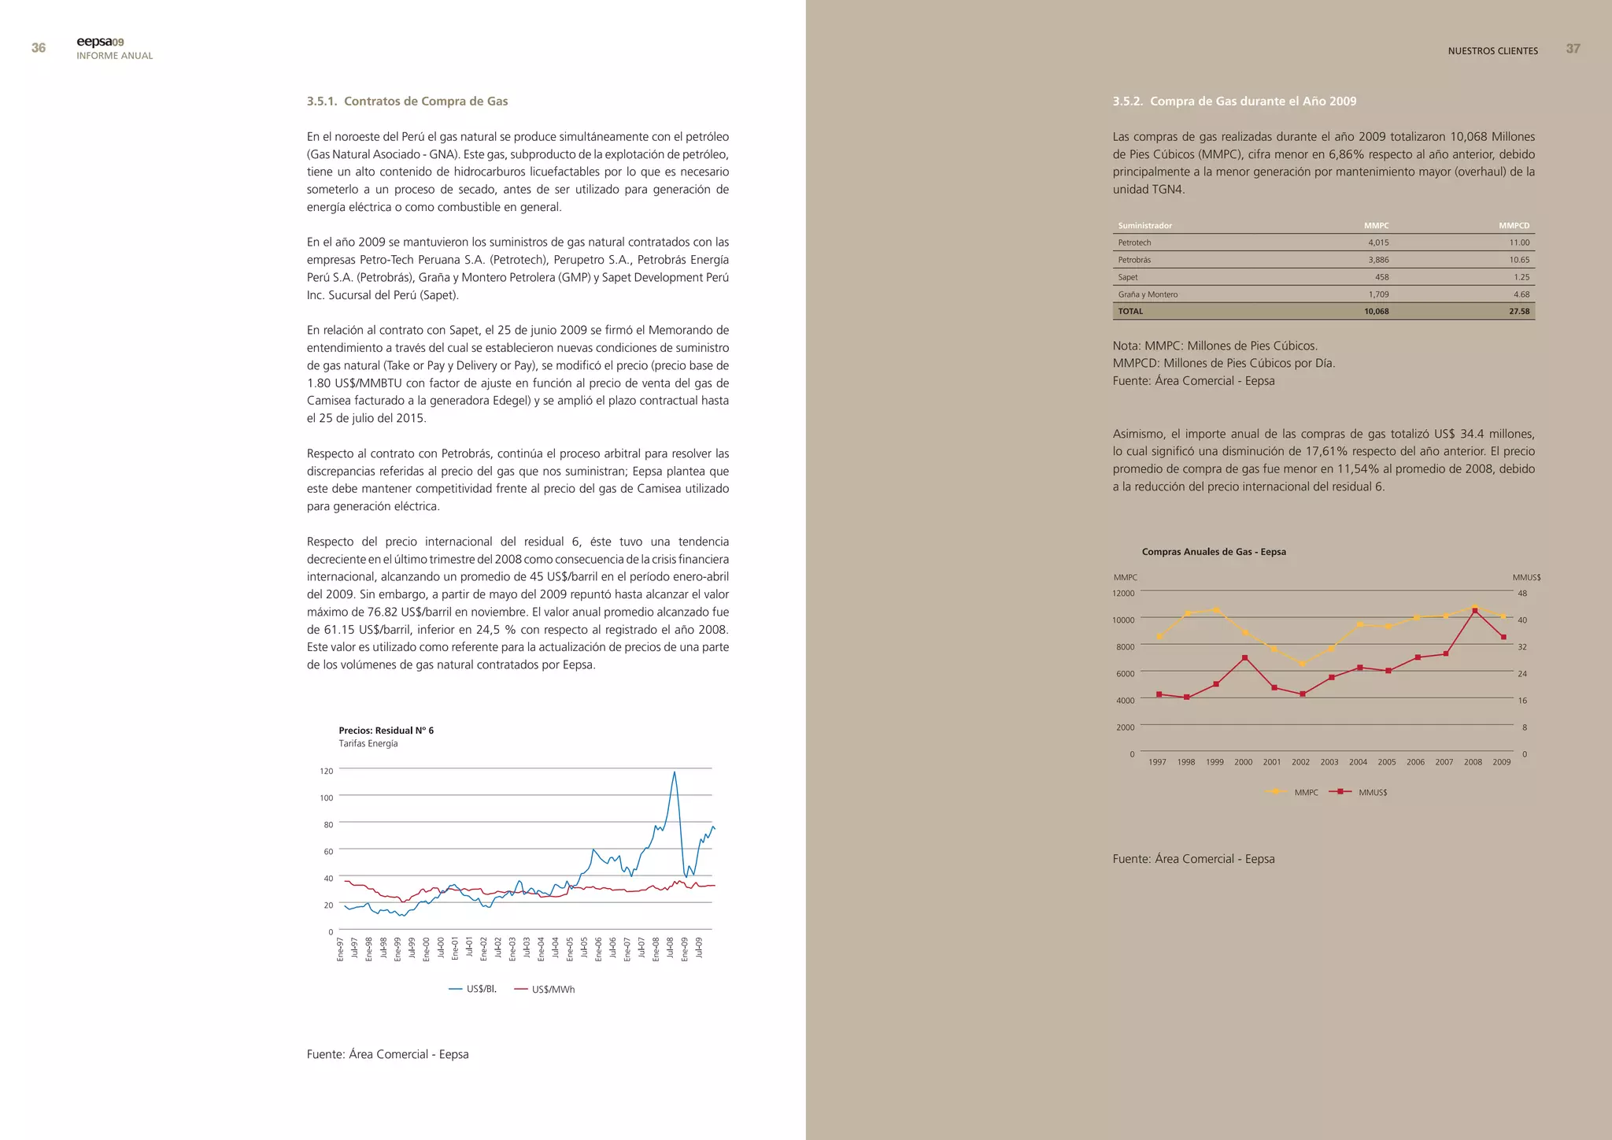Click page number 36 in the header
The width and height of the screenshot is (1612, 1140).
click(38, 48)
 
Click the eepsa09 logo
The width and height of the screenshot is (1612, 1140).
click(100, 42)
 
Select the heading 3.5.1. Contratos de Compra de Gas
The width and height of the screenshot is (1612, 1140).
click(407, 101)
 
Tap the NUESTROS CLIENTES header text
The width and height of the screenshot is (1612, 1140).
click(1492, 51)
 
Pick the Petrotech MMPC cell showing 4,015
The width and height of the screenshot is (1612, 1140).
click(1377, 242)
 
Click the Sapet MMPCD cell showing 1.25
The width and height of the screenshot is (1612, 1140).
click(1521, 277)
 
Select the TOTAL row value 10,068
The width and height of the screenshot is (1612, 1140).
click(1376, 311)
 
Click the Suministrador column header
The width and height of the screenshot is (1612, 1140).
click(1144, 226)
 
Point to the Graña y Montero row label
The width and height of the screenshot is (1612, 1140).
click(1148, 294)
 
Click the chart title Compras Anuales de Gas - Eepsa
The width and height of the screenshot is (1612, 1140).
click(1213, 552)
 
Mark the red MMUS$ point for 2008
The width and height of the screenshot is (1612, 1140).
click(1474, 611)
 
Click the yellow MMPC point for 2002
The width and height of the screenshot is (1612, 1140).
click(1303, 664)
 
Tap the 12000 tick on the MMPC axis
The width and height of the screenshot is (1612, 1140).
click(1123, 593)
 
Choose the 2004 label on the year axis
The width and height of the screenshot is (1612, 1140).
click(1358, 762)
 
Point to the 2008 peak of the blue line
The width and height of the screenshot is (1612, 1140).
click(674, 772)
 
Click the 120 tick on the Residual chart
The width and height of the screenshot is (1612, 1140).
click(326, 771)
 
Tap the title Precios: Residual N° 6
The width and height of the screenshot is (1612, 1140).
click(386, 731)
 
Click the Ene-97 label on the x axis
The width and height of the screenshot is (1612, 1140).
click(340, 948)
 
